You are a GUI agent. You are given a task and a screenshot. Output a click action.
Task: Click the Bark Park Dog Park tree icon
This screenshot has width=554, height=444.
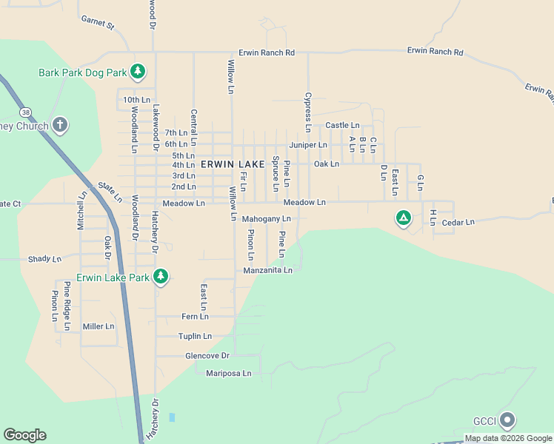tap(137, 72)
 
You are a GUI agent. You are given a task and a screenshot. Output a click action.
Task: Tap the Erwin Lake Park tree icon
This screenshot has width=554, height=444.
tap(161, 277)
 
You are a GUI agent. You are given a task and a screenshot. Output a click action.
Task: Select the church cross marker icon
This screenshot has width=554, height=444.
tap(60, 125)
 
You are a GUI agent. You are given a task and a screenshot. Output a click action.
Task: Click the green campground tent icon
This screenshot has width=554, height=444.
tap(403, 218)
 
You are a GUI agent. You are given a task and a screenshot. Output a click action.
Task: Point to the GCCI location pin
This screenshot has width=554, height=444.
tap(507, 420)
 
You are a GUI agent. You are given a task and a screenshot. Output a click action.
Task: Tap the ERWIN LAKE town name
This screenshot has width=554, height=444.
tap(233, 164)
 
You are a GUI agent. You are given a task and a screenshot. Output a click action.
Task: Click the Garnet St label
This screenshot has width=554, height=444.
tap(99, 24)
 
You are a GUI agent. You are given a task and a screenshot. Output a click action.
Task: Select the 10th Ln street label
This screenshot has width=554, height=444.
tap(136, 100)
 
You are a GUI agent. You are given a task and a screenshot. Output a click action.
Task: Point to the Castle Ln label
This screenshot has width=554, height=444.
tap(342, 126)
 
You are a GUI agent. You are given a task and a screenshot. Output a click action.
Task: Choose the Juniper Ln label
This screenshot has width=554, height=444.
tap(308, 145)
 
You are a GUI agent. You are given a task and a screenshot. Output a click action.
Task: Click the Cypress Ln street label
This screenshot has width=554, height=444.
tap(306, 107)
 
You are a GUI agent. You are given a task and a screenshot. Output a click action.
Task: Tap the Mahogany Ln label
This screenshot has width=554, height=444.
tap(267, 219)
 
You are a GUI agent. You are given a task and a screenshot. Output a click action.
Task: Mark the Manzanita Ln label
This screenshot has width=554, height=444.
tap(268, 271)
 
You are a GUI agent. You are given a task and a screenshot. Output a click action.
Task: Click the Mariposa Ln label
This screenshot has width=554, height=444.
tap(229, 374)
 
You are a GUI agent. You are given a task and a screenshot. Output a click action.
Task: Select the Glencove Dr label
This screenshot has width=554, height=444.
tap(188, 355)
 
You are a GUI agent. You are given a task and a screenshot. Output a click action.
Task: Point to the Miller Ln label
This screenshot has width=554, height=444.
tap(99, 326)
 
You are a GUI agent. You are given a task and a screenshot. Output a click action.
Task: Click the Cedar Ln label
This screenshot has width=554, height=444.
tap(457, 222)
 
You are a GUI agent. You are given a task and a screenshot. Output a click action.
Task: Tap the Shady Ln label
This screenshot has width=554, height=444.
tap(44, 259)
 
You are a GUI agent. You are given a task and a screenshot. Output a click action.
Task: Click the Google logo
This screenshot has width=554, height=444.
tap(24, 435)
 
